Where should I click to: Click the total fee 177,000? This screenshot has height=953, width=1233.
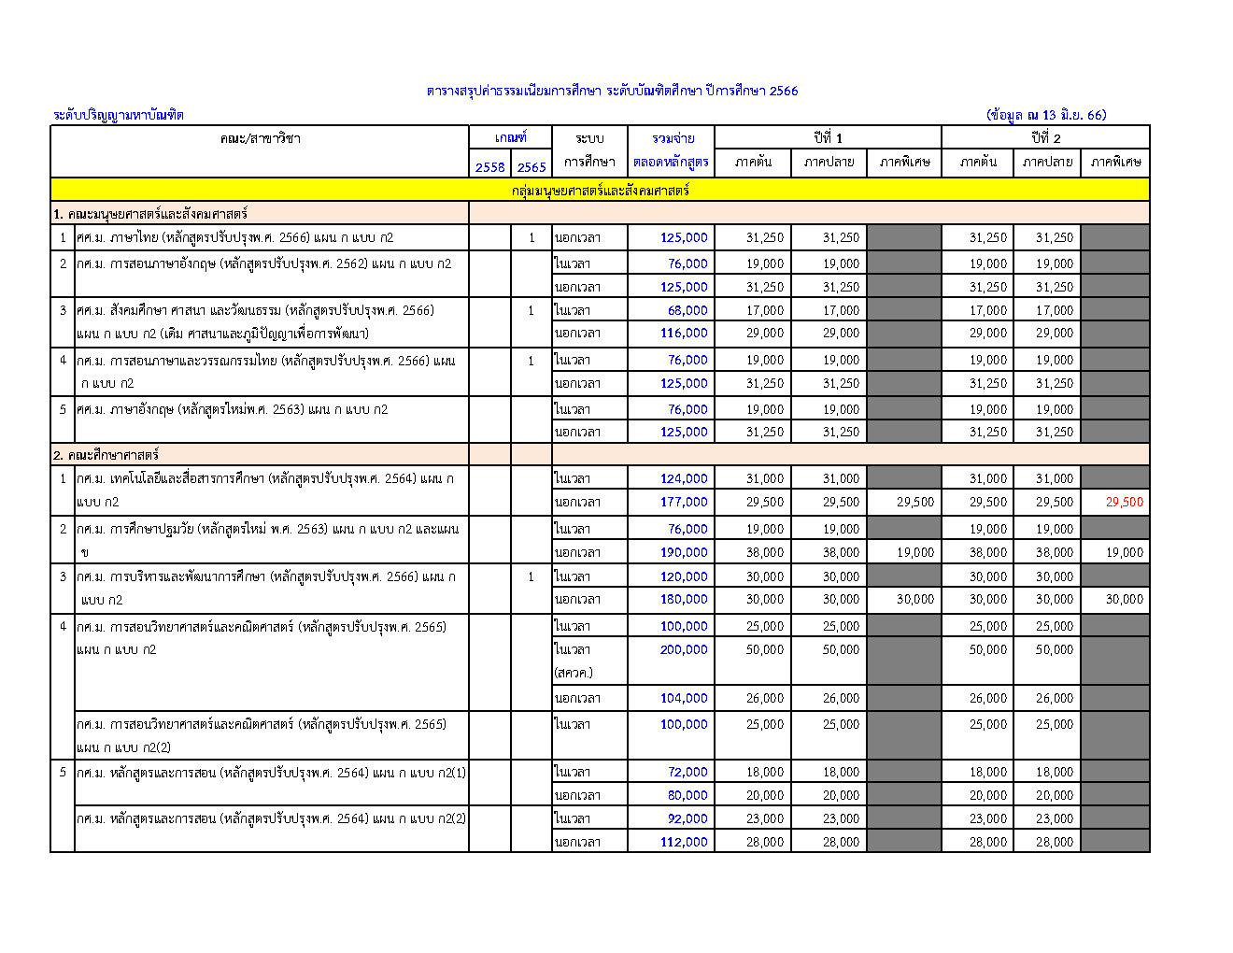[x=684, y=502]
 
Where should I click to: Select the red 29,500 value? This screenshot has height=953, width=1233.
[x=1124, y=502]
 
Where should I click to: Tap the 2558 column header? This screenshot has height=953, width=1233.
[x=489, y=167]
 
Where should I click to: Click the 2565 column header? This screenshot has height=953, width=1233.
[x=531, y=167]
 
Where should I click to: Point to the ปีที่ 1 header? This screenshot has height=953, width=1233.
[x=828, y=138]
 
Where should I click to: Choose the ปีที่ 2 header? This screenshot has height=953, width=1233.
[x=1045, y=138]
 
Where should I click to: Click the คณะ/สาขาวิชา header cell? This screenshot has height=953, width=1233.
[x=260, y=138]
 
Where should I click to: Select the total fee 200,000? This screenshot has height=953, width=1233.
[x=684, y=649]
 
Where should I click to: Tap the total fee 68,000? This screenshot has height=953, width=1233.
[x=687, y=310]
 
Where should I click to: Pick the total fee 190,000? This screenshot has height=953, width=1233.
[x=684, y=552]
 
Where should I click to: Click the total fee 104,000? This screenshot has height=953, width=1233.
[x=684, y=698]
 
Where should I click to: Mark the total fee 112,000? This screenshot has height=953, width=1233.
[x=684, y=842]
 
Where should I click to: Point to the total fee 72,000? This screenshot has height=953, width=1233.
[x=687, y=772]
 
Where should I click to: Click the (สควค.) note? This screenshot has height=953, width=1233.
[x=574, y=673]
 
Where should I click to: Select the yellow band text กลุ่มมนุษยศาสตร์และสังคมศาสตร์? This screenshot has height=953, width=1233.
[x=600, y=191]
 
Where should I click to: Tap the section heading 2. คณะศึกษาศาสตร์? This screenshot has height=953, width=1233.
[x=106, y=455]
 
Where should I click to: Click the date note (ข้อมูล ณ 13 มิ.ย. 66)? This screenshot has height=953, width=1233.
[x=1046, y=115]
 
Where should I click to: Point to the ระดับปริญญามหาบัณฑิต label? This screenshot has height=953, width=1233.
[x=119, y=115]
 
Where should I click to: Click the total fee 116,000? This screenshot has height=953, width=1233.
[x=684, y=334]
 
